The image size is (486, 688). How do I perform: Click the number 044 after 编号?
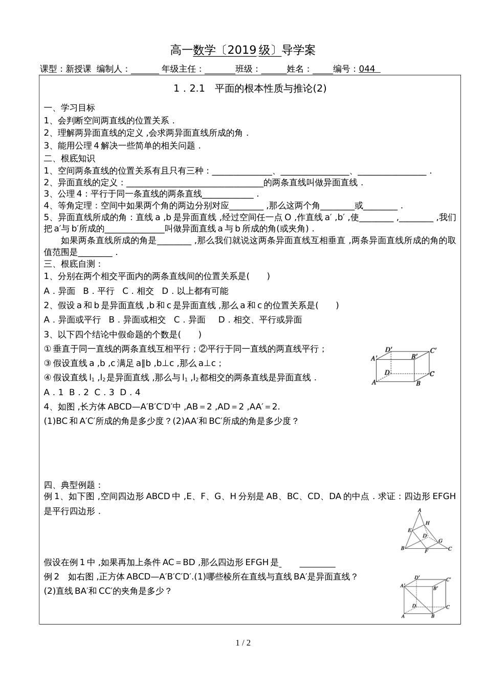[x=367, y=69]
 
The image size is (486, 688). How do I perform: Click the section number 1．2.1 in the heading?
[x=189, y=89]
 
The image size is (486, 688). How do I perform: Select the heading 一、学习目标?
[x=70, y=107]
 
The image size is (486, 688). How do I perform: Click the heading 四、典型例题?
[x=73, y=485]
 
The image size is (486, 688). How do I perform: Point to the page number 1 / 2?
[x=243, y=643]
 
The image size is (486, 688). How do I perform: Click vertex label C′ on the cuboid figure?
[x=433, y=351]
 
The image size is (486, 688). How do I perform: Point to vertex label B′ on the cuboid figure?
[x=414, y=356]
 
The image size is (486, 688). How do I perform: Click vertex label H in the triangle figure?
[x=428, y=523]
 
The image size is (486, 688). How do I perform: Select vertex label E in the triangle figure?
[x=409, y=530]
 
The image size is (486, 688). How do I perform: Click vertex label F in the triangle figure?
[x=426, y=551]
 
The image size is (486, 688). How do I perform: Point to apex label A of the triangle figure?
[x=419, y=510]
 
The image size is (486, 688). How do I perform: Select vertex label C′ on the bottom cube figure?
[x=448, y=580]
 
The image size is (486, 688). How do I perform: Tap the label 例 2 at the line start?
[x=52, y=576]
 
